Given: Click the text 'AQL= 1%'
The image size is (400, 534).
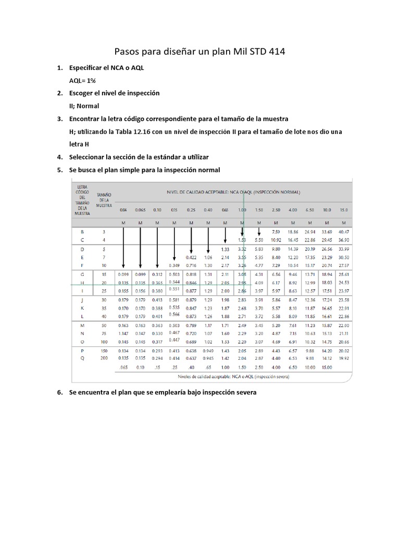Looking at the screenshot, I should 83,80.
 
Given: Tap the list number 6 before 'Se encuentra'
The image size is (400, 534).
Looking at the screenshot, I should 60,392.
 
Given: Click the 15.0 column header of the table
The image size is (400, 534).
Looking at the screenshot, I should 343,210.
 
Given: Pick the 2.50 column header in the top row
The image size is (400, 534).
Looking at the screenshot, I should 276,210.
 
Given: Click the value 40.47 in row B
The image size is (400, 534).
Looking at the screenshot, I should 343,231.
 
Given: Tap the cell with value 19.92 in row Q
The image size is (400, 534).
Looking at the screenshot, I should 343,358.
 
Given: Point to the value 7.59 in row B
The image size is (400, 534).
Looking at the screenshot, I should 276,231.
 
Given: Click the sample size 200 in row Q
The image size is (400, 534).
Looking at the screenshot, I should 104,358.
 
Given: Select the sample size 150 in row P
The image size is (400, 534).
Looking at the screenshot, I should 104,351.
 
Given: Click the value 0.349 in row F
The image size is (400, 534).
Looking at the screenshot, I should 174,266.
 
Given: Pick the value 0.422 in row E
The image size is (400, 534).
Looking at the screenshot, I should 191,257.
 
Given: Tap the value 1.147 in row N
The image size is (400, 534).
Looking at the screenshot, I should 123,333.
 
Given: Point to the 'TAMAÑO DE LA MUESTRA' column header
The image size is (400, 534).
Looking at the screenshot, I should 104,200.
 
